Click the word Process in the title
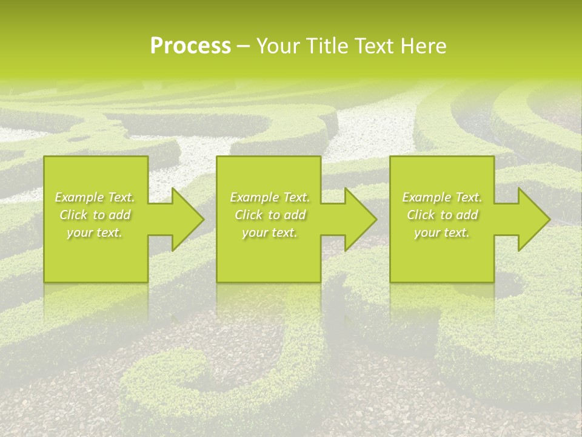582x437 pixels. pos(190,46)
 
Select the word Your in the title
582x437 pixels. pos(278,46)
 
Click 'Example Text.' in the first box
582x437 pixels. pos(95,197)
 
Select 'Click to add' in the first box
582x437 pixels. pos(95,215)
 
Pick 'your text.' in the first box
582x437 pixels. pos(95,232)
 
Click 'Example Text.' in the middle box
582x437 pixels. pos(269,197)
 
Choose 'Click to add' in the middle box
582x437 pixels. pos(269,215)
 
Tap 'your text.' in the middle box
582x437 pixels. pos(269,232)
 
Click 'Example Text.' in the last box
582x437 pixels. pos(442,197)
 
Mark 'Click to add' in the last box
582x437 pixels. pos(442,215)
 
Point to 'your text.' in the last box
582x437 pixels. pos(442,232)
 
